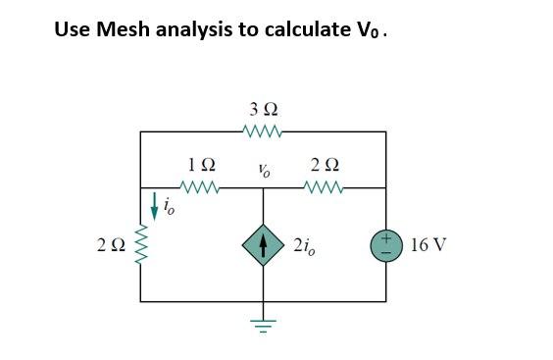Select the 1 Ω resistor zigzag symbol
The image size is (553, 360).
point(201,186)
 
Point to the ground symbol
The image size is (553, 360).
point(263,324)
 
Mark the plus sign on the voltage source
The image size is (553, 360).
point(385,236)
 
